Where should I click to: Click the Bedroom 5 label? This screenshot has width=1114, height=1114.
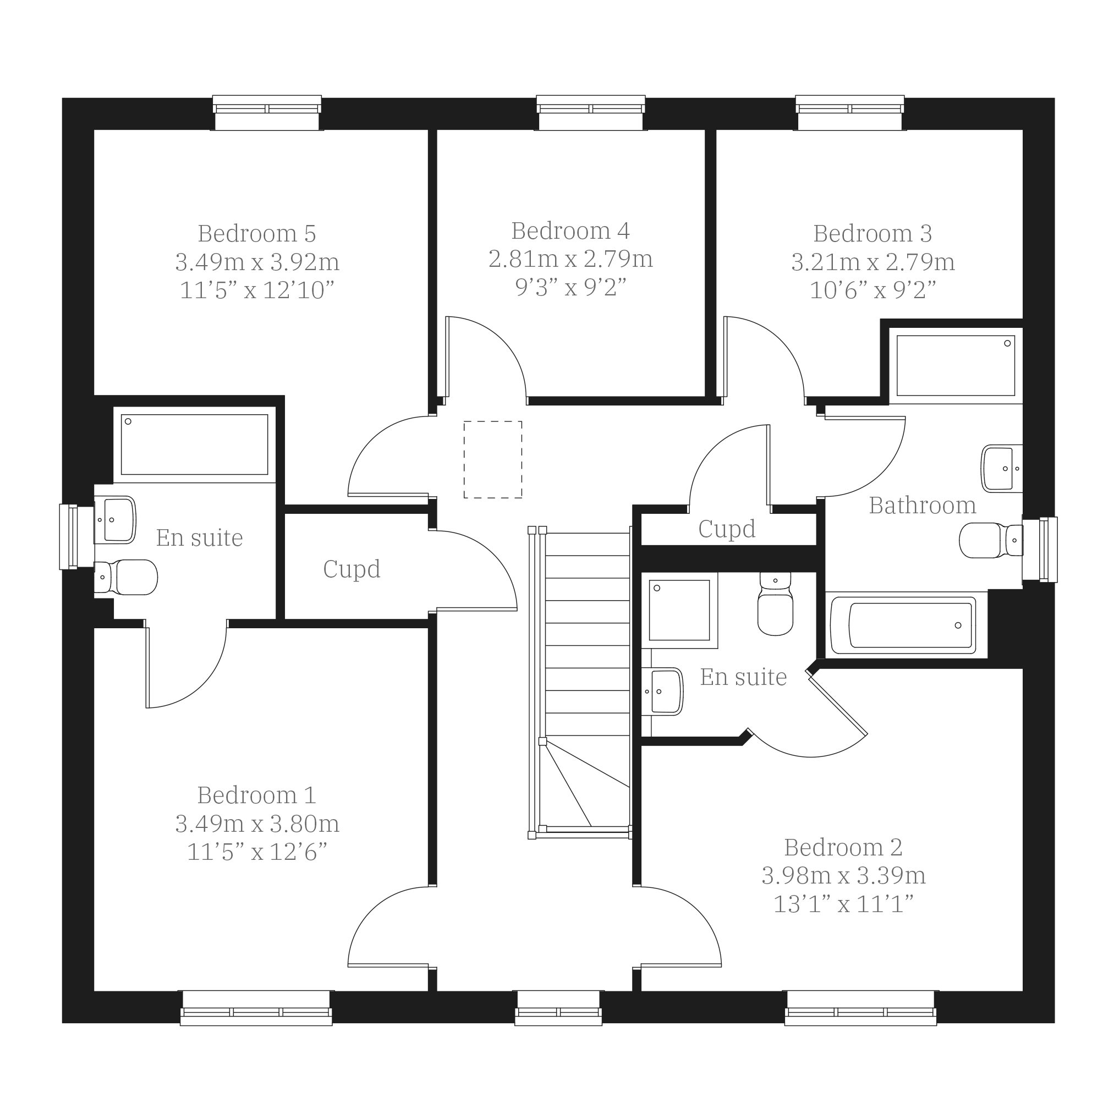(x=256, y=233)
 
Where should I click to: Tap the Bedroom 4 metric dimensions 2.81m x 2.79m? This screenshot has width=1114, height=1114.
(x=570, y=259)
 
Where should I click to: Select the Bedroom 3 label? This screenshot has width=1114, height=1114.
(x=872, y=233)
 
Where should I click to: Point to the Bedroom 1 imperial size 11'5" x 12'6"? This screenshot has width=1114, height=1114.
(x=256, y=852)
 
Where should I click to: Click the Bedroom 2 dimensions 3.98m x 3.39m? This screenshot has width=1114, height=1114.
(x=843, y=875)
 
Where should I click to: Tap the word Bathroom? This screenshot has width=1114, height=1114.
(x=922, y=505)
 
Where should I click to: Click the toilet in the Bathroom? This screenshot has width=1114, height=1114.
(x=991, y=540)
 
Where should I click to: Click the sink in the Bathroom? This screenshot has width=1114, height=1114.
(x=1002, y=468)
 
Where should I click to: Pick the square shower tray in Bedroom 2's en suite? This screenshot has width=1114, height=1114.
(x=679, y=611)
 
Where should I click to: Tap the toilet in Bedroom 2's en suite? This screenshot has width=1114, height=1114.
(x=775, y=603)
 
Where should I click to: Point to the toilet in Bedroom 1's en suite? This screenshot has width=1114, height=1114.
(x=125, y=577)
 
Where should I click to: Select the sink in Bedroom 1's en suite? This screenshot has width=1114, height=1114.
(x=116, y=519)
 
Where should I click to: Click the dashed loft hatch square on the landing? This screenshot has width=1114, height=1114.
(x=493, y=459)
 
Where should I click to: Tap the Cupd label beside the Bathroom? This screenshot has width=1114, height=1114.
(x=727, y=529)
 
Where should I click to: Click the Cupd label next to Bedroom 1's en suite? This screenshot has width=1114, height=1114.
(x=352, y=570)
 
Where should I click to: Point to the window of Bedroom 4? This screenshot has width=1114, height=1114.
(x=590, y=113)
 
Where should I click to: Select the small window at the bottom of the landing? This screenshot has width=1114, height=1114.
(x=558, y=1008)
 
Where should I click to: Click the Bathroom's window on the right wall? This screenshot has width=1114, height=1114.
(x=1040, y=550)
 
